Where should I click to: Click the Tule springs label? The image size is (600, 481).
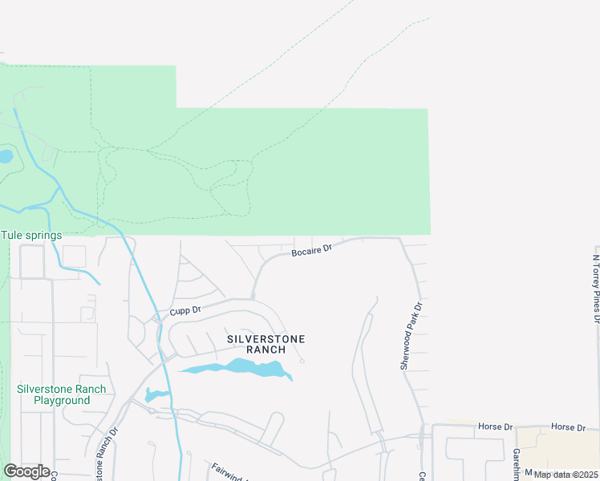pos(31,235)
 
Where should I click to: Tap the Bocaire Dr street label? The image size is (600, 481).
pos(311,251)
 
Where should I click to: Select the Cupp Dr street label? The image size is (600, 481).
pos(184,310)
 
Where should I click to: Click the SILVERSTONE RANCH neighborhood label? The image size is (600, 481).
pos(266,344)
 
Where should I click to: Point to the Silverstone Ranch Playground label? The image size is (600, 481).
pos(61,394)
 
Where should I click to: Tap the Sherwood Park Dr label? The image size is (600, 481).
pos(411,336)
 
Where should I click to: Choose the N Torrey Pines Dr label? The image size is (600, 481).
pos(596,289)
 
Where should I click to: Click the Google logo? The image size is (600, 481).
pos(26,471)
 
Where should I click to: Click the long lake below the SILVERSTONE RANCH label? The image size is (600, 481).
pos(241,369)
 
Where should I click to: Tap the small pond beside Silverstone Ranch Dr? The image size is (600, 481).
pos(155,395)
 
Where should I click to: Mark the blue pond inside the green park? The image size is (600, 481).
pos(5,156)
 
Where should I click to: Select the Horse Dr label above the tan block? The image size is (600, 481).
pos(569,427)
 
